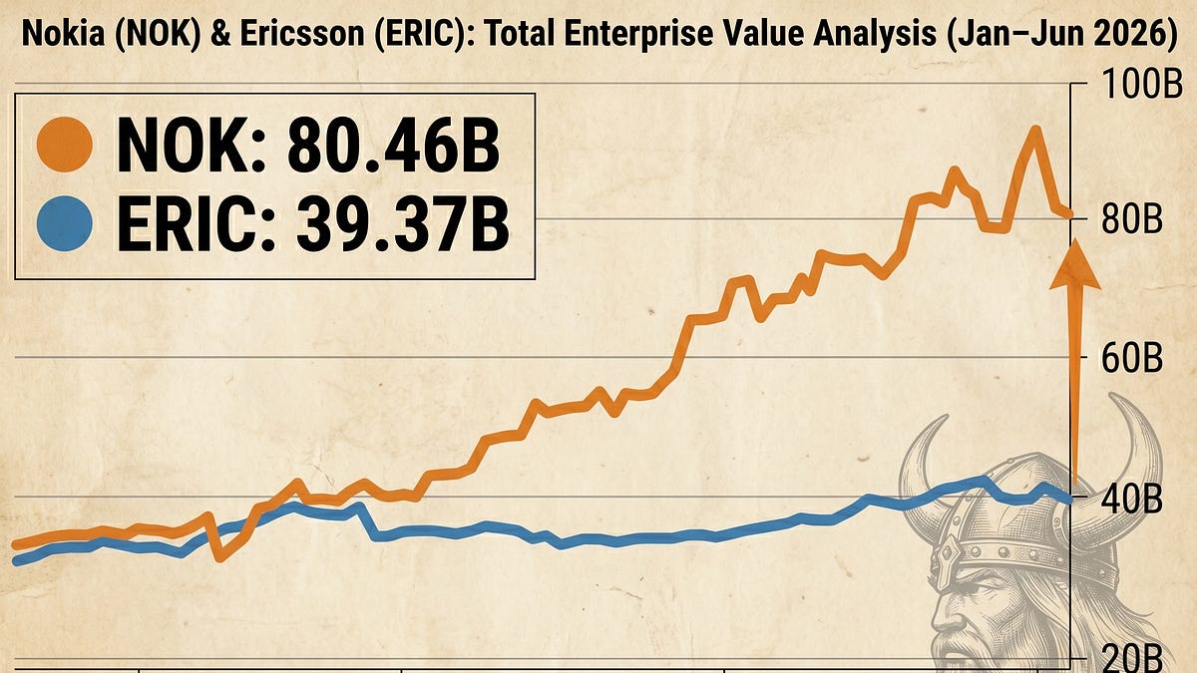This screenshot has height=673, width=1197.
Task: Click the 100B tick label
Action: tap(1141, 85)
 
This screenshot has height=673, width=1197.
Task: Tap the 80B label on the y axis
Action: tap(1131, 219)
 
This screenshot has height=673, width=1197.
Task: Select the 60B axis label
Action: tap(1131, 358)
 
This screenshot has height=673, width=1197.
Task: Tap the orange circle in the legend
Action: tap(64, 145)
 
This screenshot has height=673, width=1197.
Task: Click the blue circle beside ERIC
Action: tap(64, 223)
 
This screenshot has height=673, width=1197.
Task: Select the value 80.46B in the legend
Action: tap(394, 146)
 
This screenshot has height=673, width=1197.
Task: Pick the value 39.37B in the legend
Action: tap(402, 224)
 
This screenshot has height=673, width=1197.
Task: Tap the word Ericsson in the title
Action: tap(303, 33)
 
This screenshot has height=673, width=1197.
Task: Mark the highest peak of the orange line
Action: tap(1035, 131)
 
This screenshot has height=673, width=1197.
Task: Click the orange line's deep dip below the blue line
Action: tap(220, 556)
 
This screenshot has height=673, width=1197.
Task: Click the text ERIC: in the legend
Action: tap(196, 224)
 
